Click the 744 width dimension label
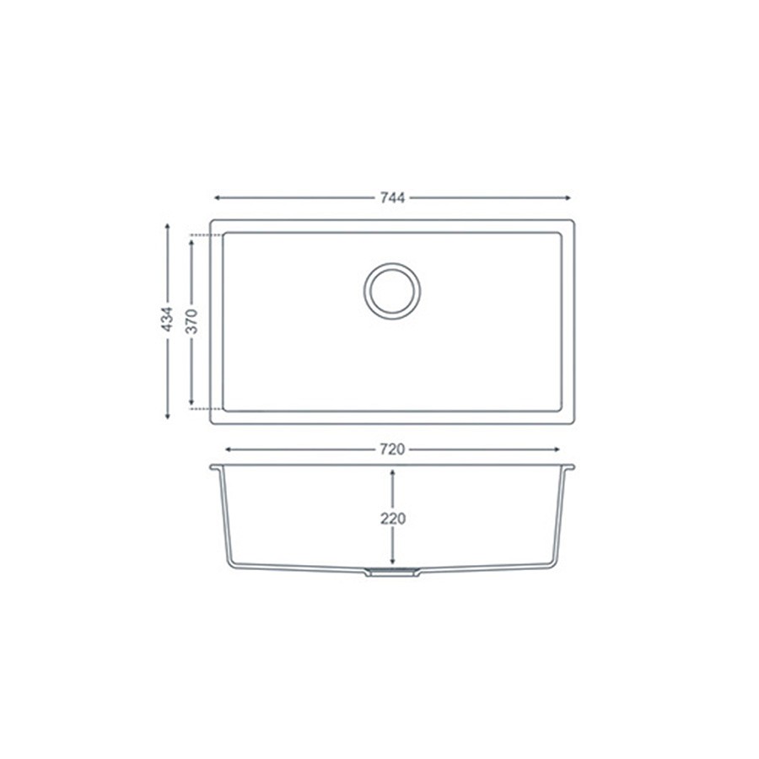pos(392,198)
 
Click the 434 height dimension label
pos(168,321)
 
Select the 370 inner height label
pos(192,321)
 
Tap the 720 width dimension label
pos(392,450)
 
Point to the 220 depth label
pos(393,519)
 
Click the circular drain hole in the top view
pos(392,291)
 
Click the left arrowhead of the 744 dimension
pos(217,198)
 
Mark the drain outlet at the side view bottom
pos(392,573)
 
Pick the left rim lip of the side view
pos(215,466)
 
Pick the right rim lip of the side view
pos(570,466)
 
